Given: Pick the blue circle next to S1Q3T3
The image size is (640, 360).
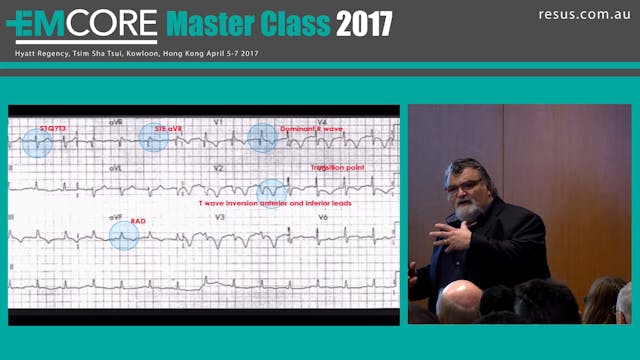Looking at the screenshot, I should pyautogui.click(x=37, y=143).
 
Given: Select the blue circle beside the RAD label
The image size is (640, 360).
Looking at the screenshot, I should pyautogui.click(x=124, y=234).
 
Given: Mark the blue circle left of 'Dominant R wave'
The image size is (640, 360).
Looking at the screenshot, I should pyautogui.click(x=262, y=137).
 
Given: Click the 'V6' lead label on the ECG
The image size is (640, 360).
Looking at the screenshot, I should pyautogui.click(x=322, y=217).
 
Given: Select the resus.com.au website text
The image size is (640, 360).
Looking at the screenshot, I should pyautogui.click(x=582, y=14).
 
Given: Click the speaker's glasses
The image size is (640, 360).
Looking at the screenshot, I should pyautogui.click(x=468, y=181).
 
